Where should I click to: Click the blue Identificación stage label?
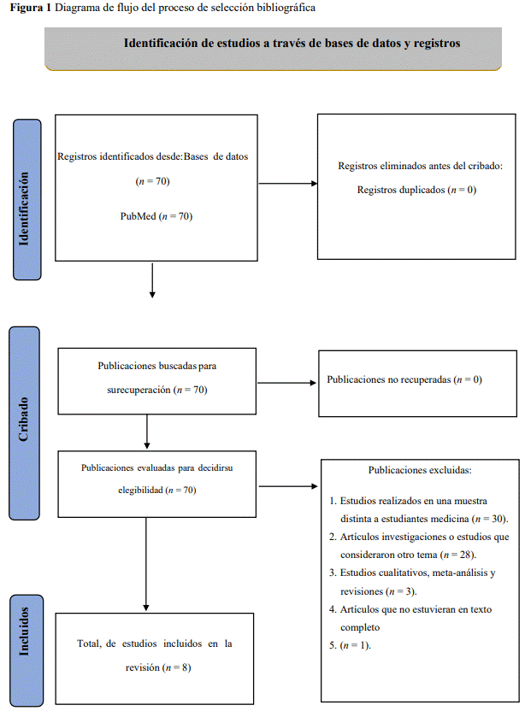27,199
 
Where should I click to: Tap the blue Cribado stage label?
24,423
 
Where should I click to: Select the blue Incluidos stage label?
27,650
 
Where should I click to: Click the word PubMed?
138,216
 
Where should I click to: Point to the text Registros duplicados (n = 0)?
416,190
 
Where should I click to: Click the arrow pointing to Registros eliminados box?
288,184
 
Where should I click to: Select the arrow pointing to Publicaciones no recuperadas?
286,383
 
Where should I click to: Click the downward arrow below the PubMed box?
152,280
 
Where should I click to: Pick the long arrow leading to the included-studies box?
146,564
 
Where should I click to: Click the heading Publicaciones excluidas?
420,470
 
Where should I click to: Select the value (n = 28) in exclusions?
457,555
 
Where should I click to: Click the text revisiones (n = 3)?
379,591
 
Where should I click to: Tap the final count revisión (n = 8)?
158,667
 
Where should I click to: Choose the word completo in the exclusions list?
360,627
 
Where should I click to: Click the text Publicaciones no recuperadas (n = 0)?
404,379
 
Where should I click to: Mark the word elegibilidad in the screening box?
140,491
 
